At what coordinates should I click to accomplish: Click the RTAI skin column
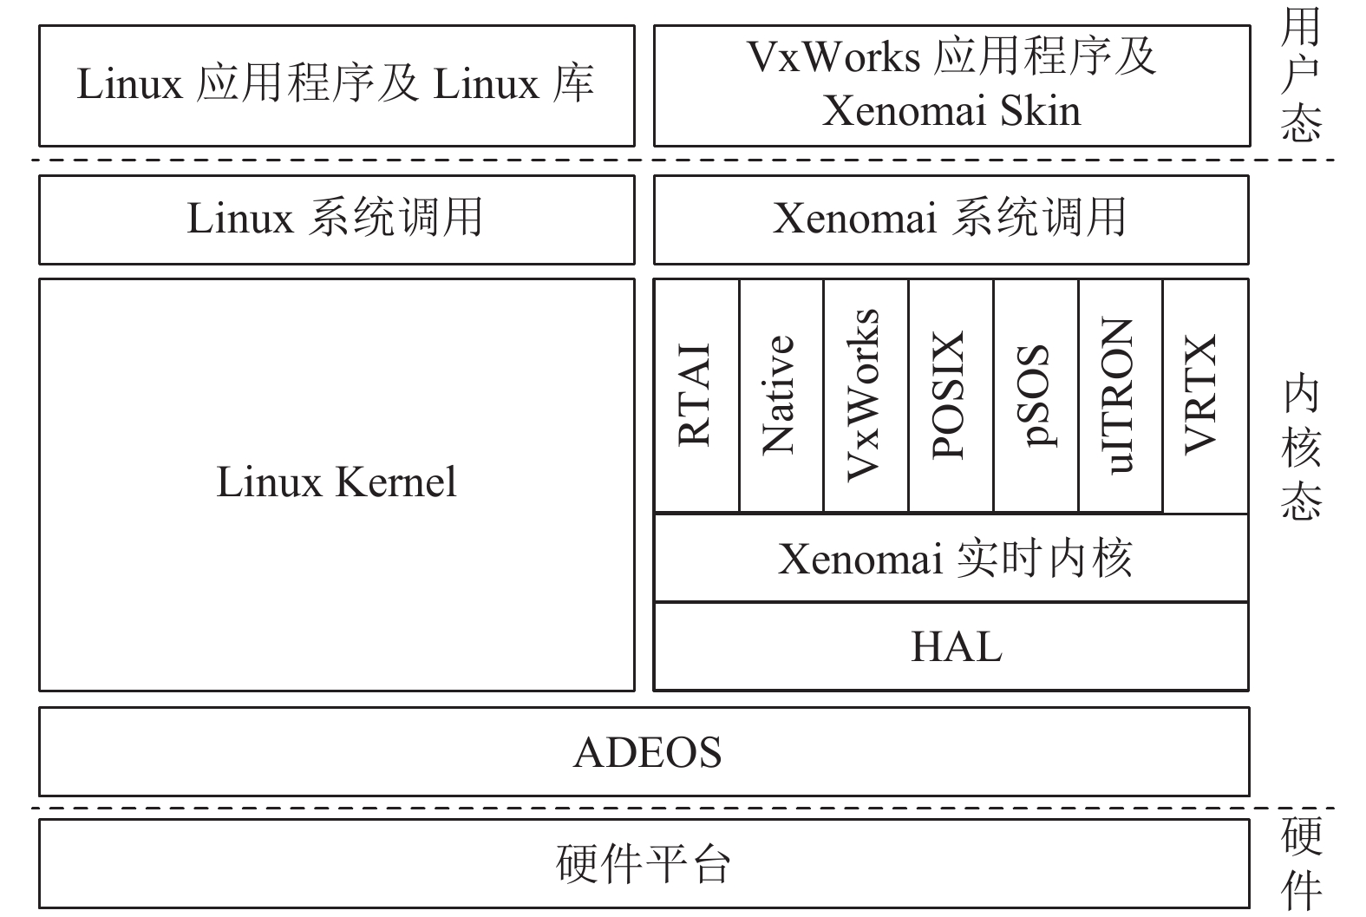click(696, 396)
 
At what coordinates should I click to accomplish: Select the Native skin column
click(780, 396)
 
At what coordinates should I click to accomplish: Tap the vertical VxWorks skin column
click(865, 396)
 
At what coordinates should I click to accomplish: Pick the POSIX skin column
click(950, 396)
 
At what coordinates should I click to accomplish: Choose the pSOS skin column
click(1035, 396)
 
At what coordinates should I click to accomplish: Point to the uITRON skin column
click(1120, 396)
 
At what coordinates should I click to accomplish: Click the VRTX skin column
click(1205, 396)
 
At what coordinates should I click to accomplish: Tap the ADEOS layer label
click(647, 752)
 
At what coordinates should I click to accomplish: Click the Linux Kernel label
click(336, 482)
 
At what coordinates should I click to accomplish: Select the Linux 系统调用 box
click(336, 219)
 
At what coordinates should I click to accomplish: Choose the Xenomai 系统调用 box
click(951, 219)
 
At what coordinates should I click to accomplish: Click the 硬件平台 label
click(644, 864)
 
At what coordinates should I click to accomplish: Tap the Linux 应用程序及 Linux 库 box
click(336, 85)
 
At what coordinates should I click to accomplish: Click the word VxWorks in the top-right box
click(833, 56)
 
